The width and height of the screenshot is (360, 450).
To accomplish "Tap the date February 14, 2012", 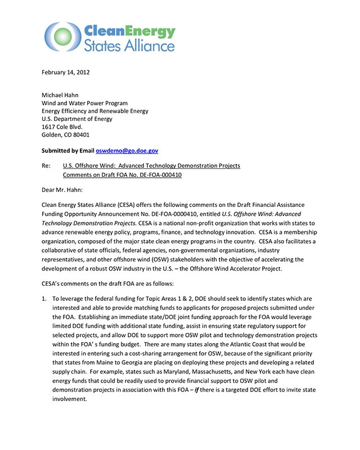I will tap(66, 72).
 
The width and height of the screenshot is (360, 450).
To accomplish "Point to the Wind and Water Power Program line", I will tap(84, 103).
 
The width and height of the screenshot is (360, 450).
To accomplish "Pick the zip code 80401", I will tap(80, 135).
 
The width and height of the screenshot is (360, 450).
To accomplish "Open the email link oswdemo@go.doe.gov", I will tap(127, 151).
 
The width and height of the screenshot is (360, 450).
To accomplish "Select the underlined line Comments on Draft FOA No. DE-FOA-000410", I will tap(122, 174).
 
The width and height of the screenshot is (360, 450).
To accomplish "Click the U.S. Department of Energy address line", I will tap(77, 119).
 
